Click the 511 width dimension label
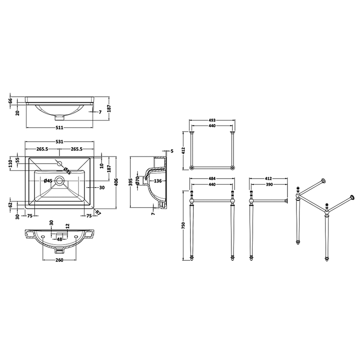(59, 128)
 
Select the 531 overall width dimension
(59, 141)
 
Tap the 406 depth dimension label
(116, 183)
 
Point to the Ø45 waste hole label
(48, 181)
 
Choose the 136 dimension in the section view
(158, 181)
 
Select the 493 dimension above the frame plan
(212, 120)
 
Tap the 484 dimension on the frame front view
(212, 179)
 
